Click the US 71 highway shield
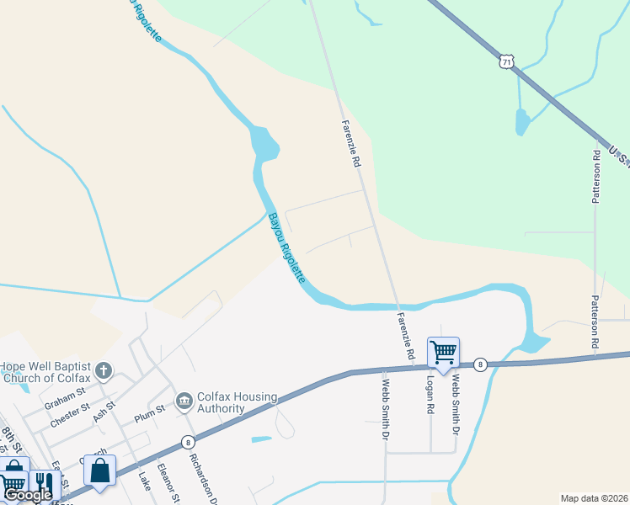click(505, 62)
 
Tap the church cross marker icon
click(103, 370)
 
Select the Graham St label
click(66, 396)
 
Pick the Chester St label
click(69, 415)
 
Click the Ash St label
click(104, 412)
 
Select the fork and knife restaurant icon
click(40, 482)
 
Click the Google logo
click(27, 495)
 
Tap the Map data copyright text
click(594, 497)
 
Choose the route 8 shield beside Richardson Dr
click(187, 441)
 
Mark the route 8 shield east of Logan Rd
click(479, 364)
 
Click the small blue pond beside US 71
click(522, 125)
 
